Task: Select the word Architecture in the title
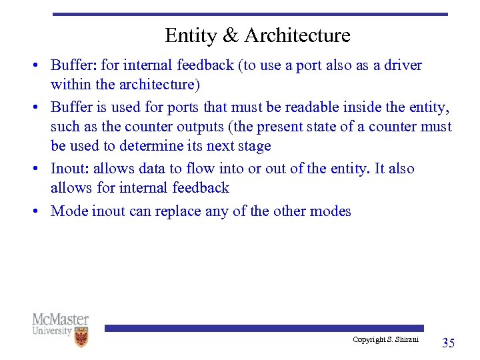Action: coord(297,35)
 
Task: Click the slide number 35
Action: coord(449,343)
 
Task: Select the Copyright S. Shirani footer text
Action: coord(385,340)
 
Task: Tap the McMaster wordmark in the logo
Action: coord(60,320)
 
